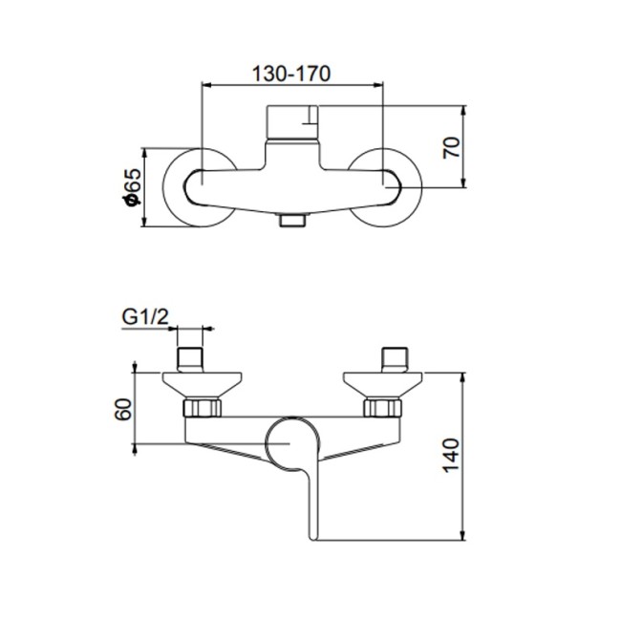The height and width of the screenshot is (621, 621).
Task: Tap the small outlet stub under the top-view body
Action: (x=290, y=222)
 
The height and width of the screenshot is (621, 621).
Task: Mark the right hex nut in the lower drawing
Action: (x=380, y=409)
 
